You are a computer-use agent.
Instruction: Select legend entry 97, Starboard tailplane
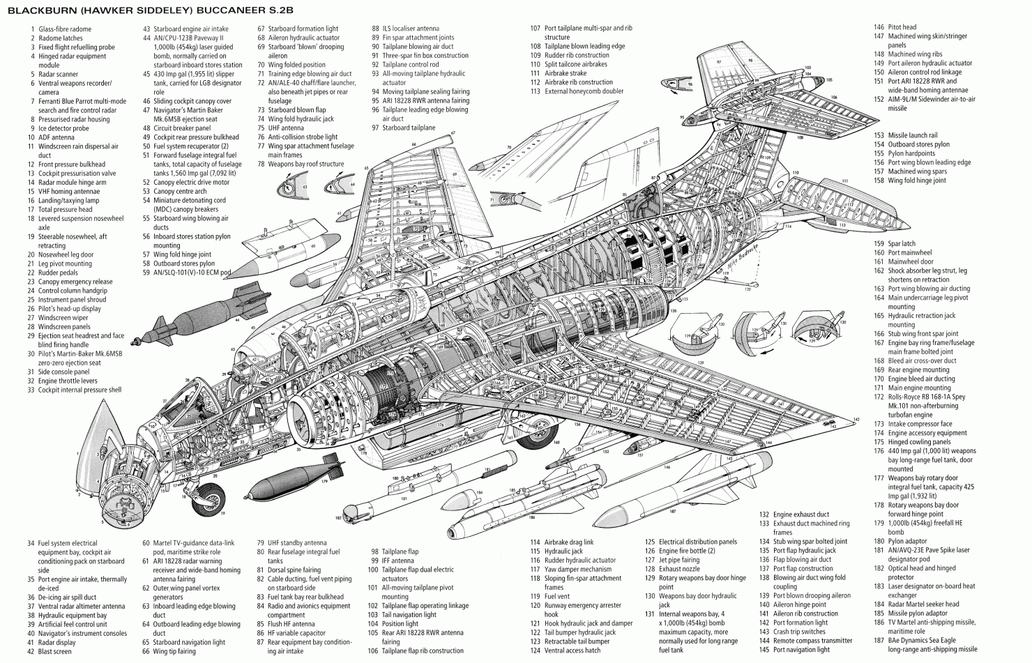pos(408,128)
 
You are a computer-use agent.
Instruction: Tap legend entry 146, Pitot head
pos(902,28)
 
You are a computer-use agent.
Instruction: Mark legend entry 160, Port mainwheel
pos(909,253)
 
